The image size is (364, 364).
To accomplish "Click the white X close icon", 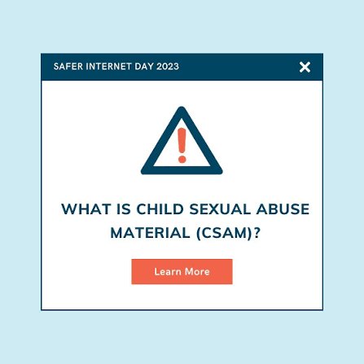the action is [305, 67].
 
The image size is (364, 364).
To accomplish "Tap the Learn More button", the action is [182, 271].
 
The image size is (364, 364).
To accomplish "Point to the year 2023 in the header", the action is [168, 67].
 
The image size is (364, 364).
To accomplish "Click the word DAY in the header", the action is [144, 67].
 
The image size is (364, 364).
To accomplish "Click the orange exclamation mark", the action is [182, 145].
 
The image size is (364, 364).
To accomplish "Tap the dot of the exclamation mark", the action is [182, 159].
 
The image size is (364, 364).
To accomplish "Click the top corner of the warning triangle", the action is [182, 107].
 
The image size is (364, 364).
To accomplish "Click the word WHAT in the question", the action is [86, 209].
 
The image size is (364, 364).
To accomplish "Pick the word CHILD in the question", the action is [160, 209].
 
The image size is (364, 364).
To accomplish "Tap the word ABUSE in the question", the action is [283, 209].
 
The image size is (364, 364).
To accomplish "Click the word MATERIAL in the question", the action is [150, 233].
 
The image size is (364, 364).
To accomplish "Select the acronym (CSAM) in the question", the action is [224, 233].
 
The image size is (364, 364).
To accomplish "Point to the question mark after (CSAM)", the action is [257, 233].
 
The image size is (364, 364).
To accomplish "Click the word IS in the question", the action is [124, 209].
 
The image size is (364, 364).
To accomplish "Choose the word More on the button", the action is [197, 271].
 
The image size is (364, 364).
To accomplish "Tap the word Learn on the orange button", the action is [168, 271].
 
